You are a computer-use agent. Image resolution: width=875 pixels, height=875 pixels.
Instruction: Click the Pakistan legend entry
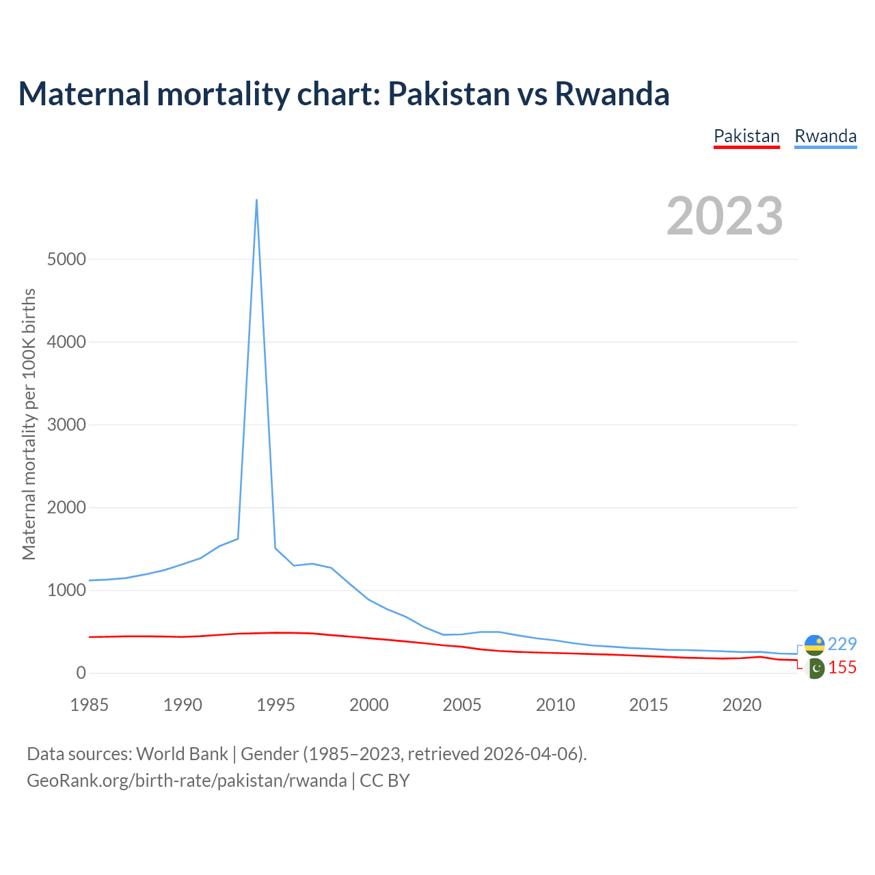746,136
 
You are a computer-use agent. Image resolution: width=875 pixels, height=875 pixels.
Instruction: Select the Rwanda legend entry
825,136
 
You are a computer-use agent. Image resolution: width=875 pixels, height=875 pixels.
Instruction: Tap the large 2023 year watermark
725,216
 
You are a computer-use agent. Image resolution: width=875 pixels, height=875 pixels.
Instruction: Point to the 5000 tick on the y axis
67,259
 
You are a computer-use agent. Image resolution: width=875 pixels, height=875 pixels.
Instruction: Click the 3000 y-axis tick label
67,425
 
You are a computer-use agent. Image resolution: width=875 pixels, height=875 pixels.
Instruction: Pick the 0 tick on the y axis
81,673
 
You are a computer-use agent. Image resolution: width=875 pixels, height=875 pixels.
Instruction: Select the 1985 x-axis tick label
90,705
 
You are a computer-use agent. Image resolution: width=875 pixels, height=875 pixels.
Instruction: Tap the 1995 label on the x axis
275,705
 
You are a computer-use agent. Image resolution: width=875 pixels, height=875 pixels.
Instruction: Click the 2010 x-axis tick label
555,705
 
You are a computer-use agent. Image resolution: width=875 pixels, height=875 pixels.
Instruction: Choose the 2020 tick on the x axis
742,705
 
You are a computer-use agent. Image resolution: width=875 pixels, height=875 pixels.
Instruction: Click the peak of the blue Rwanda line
256,200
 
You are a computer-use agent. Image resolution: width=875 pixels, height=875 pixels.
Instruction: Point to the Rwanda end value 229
842,644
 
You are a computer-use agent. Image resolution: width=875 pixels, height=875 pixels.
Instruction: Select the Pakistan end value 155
842,668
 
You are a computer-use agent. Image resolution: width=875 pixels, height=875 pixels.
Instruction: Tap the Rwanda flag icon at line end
814,644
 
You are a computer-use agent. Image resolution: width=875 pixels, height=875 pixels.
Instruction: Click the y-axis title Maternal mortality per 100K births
29,424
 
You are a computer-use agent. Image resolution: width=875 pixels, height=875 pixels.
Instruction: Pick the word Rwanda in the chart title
612,94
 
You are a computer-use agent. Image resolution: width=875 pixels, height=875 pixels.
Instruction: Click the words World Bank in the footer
182,754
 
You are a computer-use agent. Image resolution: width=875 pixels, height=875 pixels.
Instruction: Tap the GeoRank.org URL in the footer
187,781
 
